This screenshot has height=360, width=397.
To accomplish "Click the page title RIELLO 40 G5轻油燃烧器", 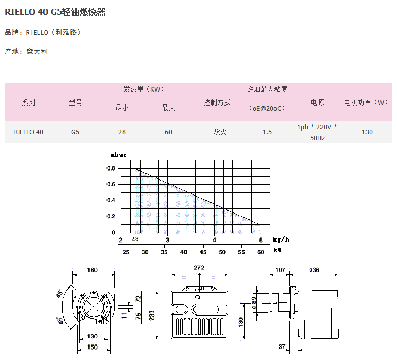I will click(x=55, y=12).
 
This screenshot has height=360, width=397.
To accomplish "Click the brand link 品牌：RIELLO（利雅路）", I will click(x=44, y=33).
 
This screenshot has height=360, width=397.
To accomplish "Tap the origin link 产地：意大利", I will click(x=26, y=52).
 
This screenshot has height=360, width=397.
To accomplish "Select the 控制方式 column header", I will click(x=217, y=102).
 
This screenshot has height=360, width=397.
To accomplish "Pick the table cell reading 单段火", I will click(x=217, y=132).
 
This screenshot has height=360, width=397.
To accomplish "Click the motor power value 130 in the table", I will click(x=367, y=132).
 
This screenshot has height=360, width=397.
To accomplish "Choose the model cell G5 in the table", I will click(x=75, y=132).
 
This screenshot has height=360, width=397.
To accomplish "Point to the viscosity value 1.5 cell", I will click(x=267, y=132).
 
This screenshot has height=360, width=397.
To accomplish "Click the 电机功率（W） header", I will click(x=367, y=102).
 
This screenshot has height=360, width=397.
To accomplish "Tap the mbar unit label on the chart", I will click(x=118, y=155).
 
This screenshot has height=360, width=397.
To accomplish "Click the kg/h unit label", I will click(x=281, y=239).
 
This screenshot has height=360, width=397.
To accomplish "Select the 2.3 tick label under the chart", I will click(x=135, y=239).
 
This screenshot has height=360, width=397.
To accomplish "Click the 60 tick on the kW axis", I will click(x=261, y=251).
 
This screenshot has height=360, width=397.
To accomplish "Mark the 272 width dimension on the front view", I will click(x=199, y=268).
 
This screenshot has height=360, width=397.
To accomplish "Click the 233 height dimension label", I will click(x=152, y=316).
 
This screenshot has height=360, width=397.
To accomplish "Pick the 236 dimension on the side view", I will click(x=328, y=269).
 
